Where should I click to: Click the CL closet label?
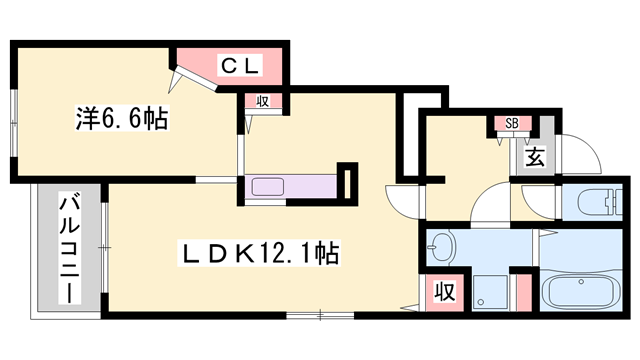[x=241, y=67]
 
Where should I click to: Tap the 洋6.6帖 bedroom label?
[x=120, y=117]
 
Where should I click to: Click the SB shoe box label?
[x=511, y=123]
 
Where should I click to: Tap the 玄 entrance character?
[x=535, y=157]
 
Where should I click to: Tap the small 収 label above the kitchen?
[x=262, y=100]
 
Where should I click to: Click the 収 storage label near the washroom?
[x=444, y=293]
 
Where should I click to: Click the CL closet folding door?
[x=193, y=80]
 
